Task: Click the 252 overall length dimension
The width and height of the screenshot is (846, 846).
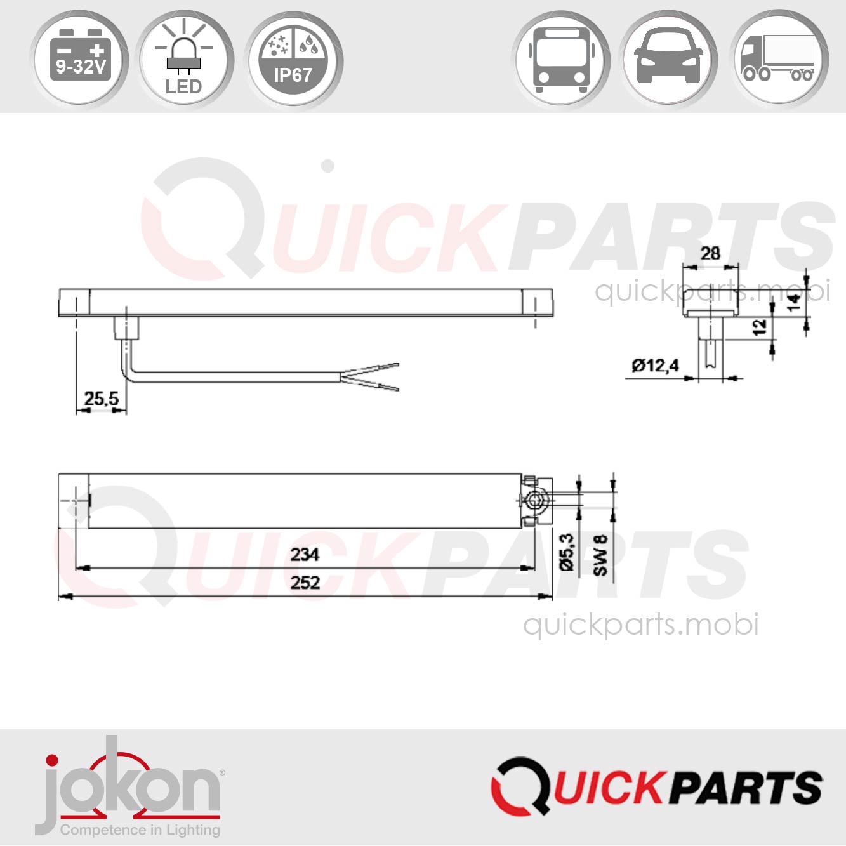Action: [305, 583]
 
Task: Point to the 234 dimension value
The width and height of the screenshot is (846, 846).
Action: [305, 555]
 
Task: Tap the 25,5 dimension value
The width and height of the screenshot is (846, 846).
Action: [102, 398]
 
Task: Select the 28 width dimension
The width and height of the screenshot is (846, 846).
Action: [710, 253]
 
